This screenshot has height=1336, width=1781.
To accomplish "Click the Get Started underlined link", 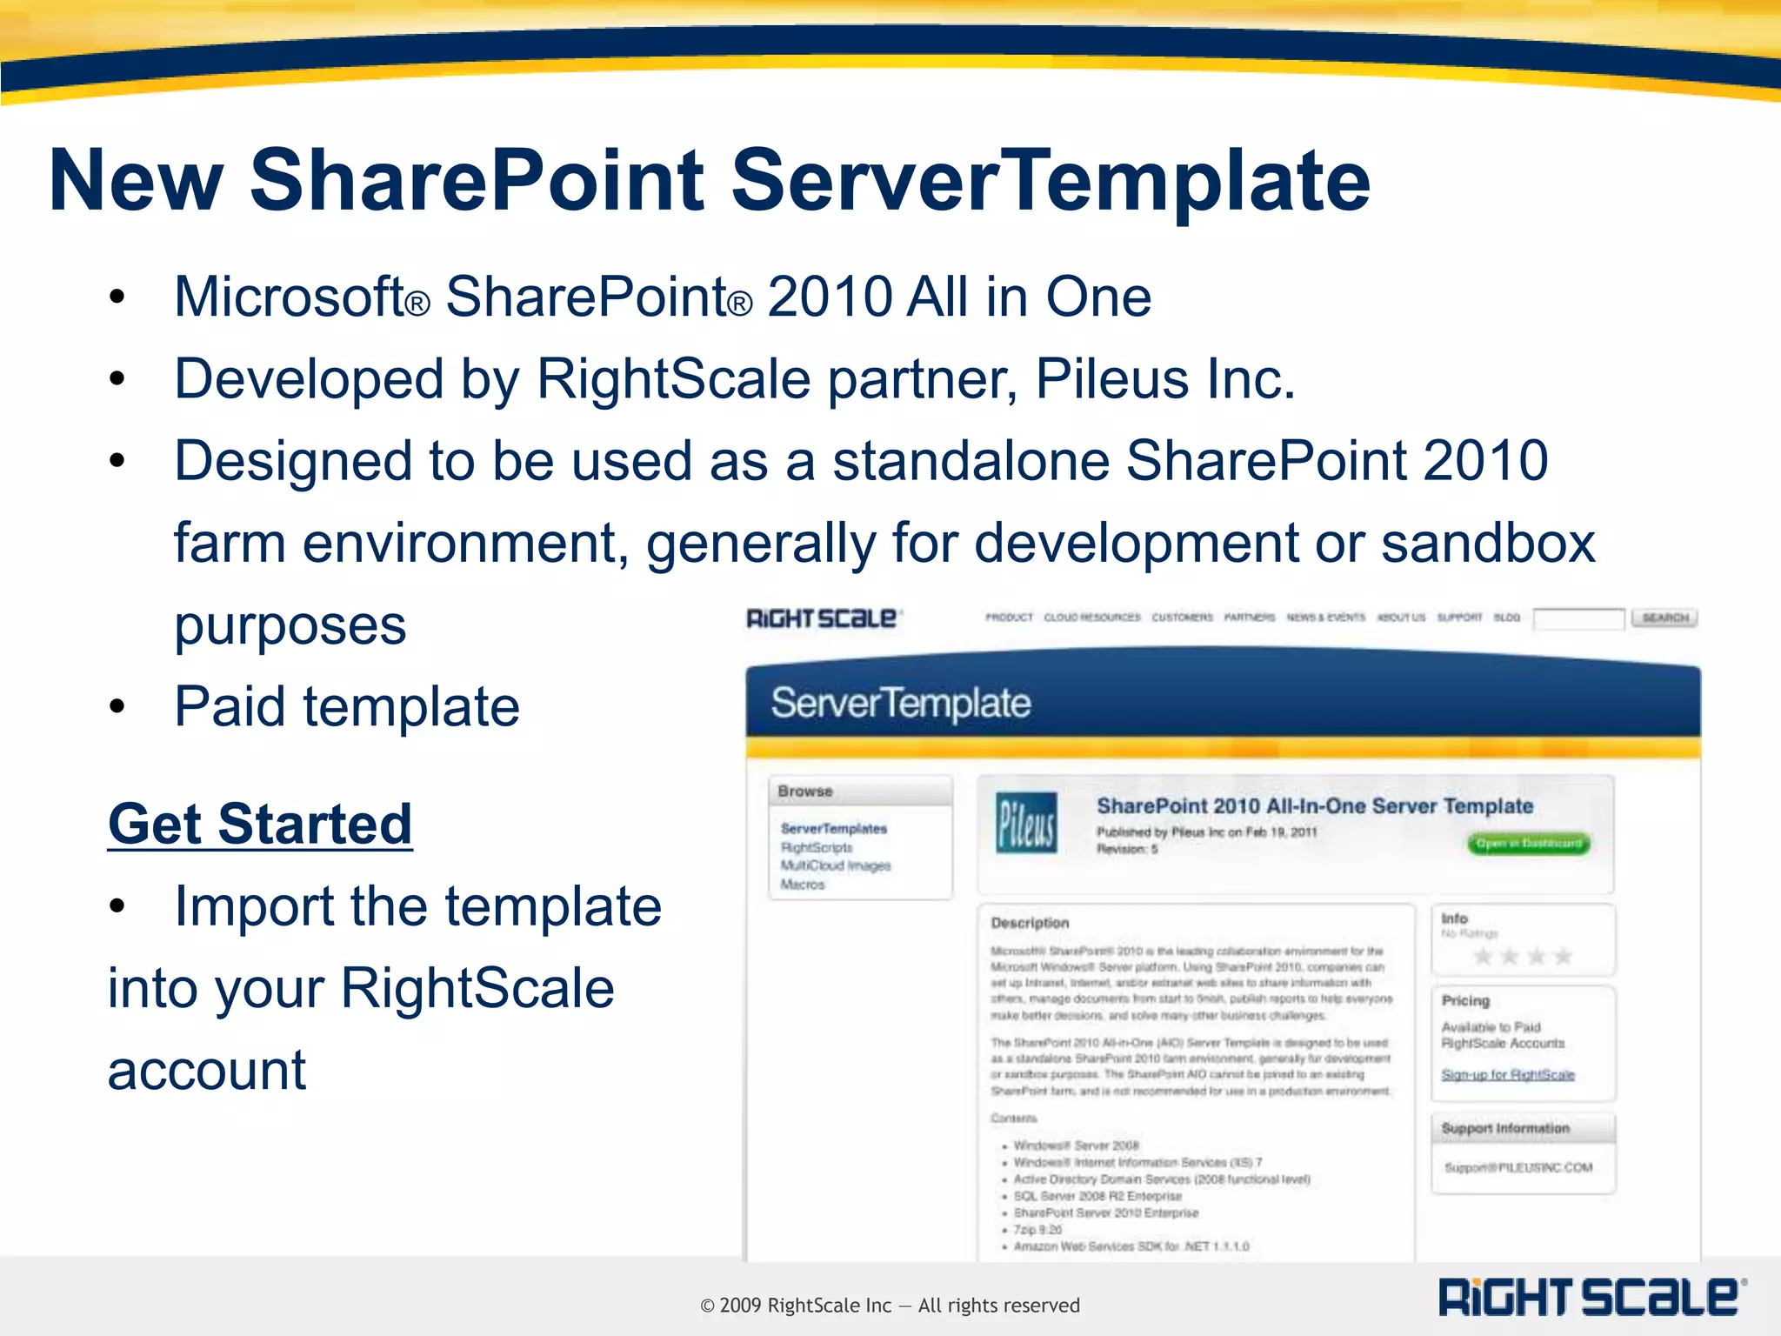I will (259, 824).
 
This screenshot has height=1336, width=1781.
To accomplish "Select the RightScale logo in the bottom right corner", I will (1591, 1297).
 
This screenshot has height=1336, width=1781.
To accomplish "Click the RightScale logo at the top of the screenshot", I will (823, 618).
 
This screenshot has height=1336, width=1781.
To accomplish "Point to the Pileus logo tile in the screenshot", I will (1026, 822).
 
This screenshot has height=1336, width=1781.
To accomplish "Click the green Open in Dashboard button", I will (1528, 844).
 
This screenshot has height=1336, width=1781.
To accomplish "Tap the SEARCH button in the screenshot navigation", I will (1664, 618).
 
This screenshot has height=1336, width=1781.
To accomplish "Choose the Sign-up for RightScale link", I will (1507, 1075).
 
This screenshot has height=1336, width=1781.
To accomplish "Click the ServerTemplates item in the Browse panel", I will (833, 829).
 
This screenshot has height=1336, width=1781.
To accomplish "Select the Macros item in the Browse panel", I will (802, 885).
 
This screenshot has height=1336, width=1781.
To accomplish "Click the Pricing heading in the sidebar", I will (1465, 1001).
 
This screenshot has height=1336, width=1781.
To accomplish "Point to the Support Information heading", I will (1504, 1128).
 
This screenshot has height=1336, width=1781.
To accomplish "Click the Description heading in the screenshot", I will (1030, 923).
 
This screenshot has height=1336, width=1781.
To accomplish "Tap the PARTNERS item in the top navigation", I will (1249, 618).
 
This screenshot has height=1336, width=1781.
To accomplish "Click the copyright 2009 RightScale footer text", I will (890, 1306).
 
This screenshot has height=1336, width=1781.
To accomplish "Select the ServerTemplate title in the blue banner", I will (900, 703).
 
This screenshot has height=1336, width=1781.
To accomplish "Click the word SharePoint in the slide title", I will (477, 180).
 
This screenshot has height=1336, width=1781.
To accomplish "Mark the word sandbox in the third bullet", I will (1488, 544).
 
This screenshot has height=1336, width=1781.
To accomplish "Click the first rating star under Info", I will (1483, 957).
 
